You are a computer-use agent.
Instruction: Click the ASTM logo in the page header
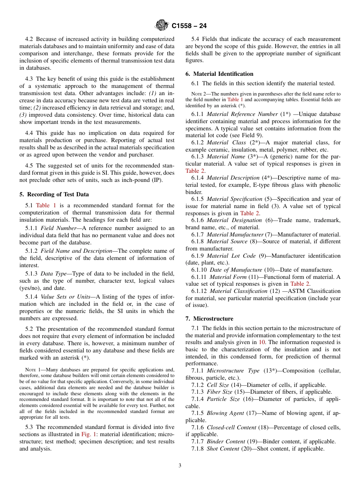pos(162,25)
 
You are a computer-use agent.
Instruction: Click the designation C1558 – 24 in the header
pos(189,26)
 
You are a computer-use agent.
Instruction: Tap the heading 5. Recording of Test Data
pos(54,194)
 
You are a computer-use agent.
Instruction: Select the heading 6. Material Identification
pos(219,74)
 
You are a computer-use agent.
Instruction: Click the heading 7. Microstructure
pos(209,319)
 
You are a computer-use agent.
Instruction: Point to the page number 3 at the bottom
pos(180,466)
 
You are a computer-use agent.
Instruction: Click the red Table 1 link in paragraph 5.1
pos(46,205)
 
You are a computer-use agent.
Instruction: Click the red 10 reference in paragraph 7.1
pos(262,342)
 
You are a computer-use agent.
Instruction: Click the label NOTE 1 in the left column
pos(33,370)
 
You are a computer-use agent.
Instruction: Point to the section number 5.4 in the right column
pos(196,39)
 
